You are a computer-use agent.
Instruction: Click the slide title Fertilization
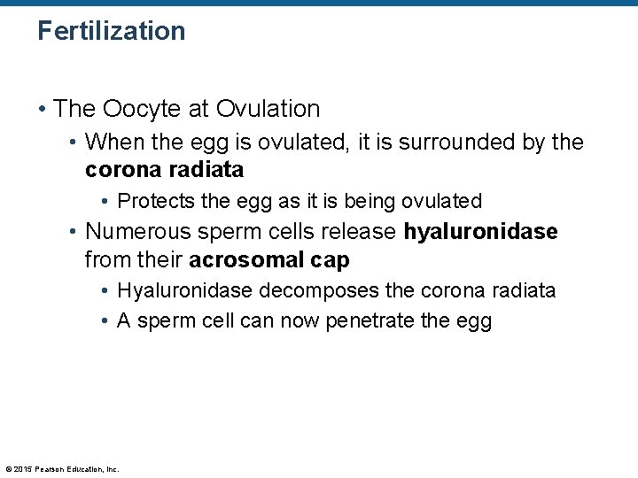coord(111,31)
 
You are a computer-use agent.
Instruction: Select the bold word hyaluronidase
coord(480,232)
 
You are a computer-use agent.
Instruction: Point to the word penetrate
coord(370,320)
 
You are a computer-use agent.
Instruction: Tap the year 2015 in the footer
coord(22,469)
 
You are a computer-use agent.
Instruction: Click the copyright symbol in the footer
coord(8,469)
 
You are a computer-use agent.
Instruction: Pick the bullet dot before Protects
coord(105,202)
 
